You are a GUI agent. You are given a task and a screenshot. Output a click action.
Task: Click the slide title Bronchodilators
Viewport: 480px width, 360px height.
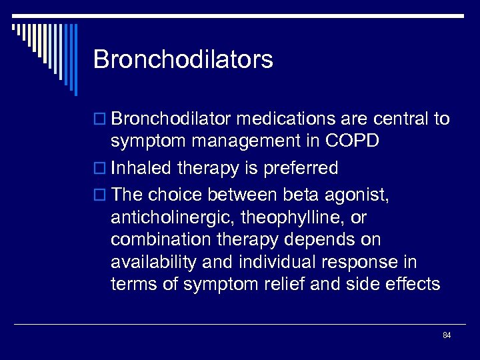pyautogui.click(x=183, y=59)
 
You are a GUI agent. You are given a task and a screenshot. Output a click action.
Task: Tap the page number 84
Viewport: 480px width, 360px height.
pyautogui.click(x=447, y=335)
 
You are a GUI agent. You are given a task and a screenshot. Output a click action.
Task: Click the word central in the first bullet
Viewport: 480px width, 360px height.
pyautogui.click(x=399, y=119)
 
